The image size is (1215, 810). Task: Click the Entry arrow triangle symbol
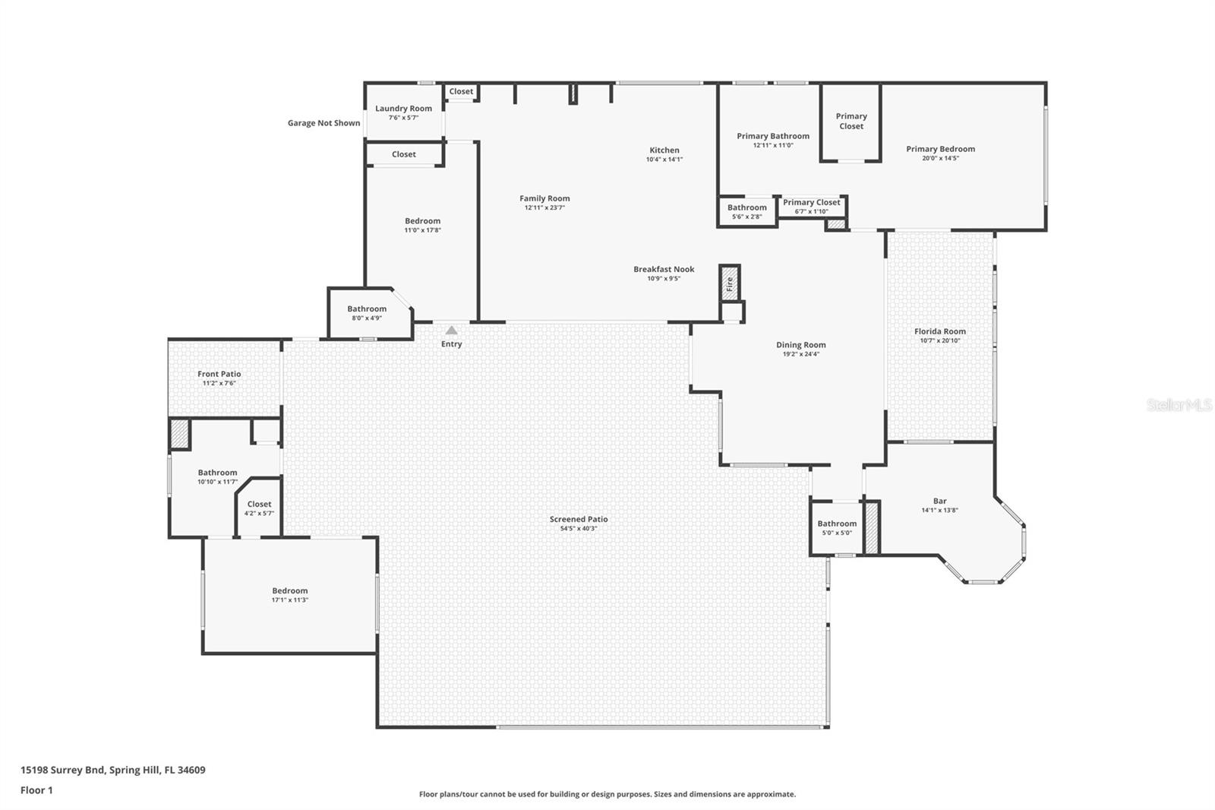(x=452, y=331)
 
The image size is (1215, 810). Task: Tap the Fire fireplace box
(x=730, y=283)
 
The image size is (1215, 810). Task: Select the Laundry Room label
(x=403, y=109)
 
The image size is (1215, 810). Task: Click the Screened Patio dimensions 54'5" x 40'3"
(x=579, y=529)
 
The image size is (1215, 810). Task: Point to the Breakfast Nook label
(x=664, y=269)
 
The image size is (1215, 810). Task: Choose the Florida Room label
(x=940, y=331)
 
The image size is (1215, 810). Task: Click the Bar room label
(x=940, y=501)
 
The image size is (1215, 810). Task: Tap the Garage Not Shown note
(x=323, y=123)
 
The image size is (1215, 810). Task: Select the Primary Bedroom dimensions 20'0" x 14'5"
(x=940, y=158)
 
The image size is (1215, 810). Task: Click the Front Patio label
(x=219, y=374)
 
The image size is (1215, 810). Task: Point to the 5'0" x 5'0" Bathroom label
(x=837, y=524)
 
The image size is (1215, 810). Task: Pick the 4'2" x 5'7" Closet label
(x=259, y=504)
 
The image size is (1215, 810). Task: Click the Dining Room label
(x=801, y=345)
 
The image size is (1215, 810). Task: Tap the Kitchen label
(x=664, y=150)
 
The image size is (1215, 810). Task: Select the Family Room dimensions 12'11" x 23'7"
(x=544, y=207)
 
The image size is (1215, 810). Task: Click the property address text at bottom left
(x=112, y=770)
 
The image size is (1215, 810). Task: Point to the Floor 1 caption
(x=36, y=790)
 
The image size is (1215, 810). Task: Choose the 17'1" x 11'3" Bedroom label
(x=290, y=590)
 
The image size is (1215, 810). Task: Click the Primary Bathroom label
(x=773, y=136)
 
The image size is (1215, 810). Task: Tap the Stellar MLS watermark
(x=1179, y=406)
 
